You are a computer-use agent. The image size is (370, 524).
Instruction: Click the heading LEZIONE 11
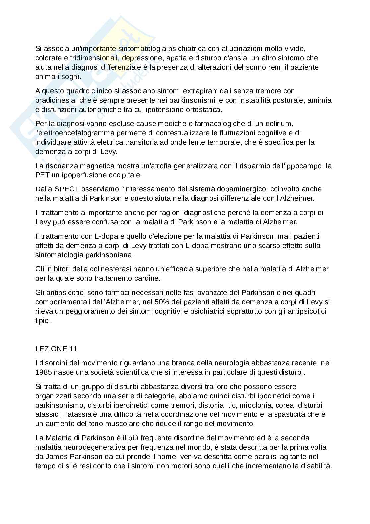point(56,349)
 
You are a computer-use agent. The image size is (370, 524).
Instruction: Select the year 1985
point(43,372)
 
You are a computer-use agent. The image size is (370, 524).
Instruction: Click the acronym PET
point(42,175)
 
